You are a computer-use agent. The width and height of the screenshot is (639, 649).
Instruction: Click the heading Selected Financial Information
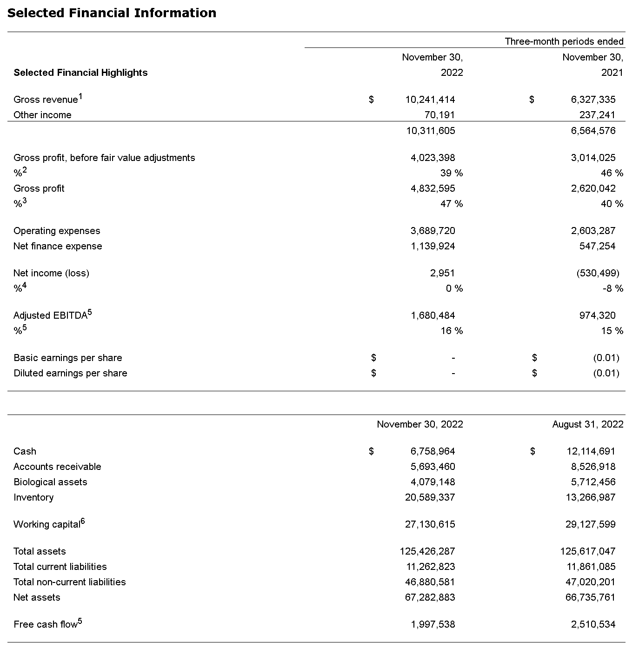pyautogui.click(x=112, y=13)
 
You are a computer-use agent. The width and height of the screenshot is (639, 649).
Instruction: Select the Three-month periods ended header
pyautogui.click(x=564, y=41)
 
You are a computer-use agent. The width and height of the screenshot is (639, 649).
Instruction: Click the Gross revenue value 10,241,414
pyautogui.click(x=430, y=100)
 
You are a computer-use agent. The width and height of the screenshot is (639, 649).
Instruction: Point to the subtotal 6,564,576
pyautogui.click(x=593, y=131)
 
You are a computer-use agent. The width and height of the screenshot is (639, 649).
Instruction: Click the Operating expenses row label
pyautogui.click(x=57, y=231)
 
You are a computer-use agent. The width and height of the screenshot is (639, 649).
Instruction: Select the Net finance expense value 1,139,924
pyautogui.click(x=433, y=246)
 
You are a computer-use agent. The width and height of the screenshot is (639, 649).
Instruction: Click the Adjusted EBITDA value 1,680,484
pyautogui.click(x=433, y=315)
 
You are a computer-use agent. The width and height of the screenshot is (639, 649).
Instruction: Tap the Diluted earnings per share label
pyautogui.click(x=70, y=373)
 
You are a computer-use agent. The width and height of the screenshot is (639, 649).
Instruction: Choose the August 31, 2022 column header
pyautogui.click(x=588, y=424)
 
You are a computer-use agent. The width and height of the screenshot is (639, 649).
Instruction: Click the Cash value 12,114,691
pyautogui.click(x=591, y=451)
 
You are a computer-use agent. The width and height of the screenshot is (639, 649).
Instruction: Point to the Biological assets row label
pyautogui.click(x=50, y=482)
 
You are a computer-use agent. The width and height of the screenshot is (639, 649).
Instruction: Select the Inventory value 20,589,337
pyautogui.click(x=430, y=497)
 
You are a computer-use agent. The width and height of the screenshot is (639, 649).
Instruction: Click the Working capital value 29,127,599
pyautogui.click(x=591, y=524)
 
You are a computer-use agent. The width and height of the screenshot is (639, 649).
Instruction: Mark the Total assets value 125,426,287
pyautogui.click(x=427, y=551)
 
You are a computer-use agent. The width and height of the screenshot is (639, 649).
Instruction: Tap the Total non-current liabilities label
pyautogui.click(x=70, y=582)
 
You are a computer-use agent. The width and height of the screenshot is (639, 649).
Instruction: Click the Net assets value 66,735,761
pyautogui.click(x=591, y=597)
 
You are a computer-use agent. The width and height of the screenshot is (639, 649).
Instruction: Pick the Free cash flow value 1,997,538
pyautogui.click(x=433, y=624)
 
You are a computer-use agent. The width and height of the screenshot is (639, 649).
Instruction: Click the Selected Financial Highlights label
pyautogui.click(x=80, y=73)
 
